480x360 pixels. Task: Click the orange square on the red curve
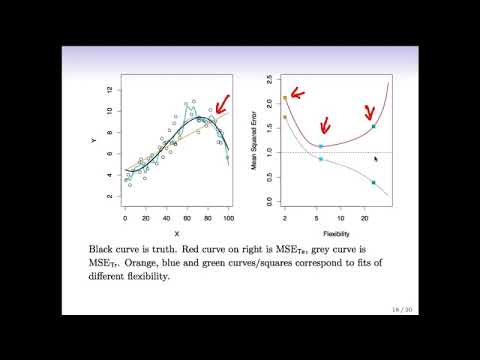tap(285, 98)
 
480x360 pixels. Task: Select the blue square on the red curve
tap(320, 147)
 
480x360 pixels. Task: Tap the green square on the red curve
tap(373, 126)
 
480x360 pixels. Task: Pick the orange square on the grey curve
tap(285, 117)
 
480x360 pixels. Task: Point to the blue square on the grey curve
tap(320, 159)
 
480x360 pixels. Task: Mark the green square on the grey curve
tap(373, 182)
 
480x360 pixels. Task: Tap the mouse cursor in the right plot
tap(376, 158)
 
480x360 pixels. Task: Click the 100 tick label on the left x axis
tap(229, 218)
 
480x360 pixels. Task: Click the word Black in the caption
tap(104, 246)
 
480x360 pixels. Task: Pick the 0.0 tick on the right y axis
tap(270, 200)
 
